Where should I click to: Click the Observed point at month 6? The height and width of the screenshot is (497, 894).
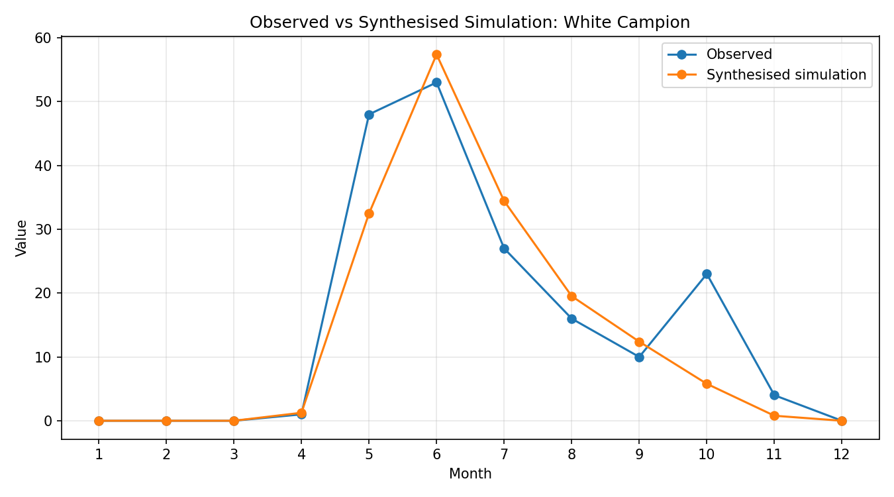click(436, 83)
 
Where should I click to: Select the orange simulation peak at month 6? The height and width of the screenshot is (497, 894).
click(436, 55)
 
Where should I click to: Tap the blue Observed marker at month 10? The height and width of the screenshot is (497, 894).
click(707, 274)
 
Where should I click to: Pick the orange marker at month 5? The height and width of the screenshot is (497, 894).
click(369, 214)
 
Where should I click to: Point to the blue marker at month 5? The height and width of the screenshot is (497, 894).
click(369, 115)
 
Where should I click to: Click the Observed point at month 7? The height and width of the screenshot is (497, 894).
click(504, 249)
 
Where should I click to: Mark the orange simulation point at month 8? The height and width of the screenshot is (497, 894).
click(571, 296)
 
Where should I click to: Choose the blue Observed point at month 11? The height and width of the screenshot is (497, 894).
click(774, 396)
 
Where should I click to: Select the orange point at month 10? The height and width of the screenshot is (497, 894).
click(707, 384)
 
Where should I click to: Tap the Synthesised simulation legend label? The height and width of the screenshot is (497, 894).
click(786, 75)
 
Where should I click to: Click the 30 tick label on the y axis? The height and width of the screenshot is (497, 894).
click(44, 229)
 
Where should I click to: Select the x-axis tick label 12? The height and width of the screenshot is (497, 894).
click(842, 454)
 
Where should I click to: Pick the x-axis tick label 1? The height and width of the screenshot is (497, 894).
click(99, 454)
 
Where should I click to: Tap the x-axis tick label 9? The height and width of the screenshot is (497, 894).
click(639, 454)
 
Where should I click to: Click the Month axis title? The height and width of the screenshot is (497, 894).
click(470, 474)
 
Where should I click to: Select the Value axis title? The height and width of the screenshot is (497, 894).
click(21, 239)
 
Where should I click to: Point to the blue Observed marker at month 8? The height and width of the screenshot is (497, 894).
click(571, 319)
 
